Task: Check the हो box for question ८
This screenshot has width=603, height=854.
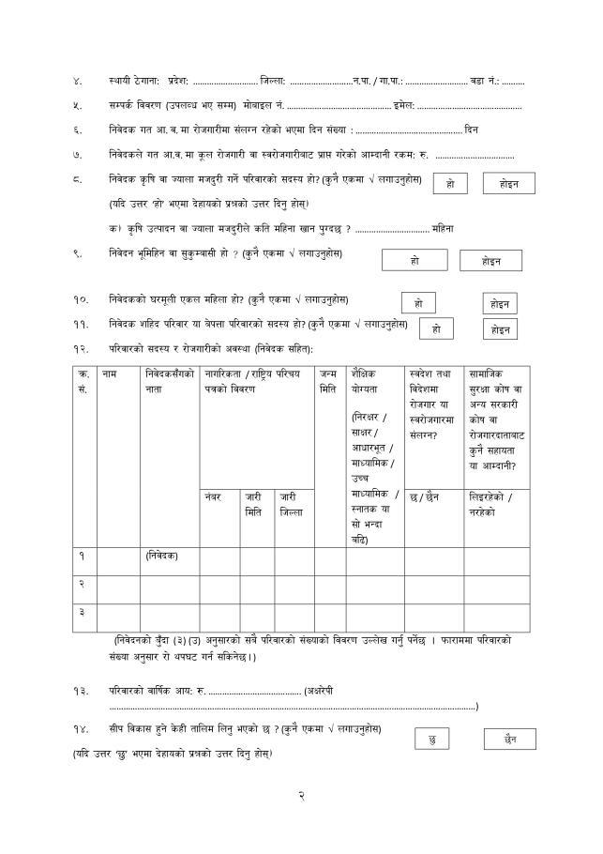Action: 450,184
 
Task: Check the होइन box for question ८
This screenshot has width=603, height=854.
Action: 508,184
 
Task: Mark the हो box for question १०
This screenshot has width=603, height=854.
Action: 418,303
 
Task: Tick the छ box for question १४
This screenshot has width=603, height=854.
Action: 431,740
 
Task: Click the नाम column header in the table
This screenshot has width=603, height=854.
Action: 110,374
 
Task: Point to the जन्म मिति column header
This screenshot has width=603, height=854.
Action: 328,381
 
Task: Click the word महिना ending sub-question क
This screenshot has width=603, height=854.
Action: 444,228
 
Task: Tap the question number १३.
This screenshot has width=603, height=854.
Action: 81,690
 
